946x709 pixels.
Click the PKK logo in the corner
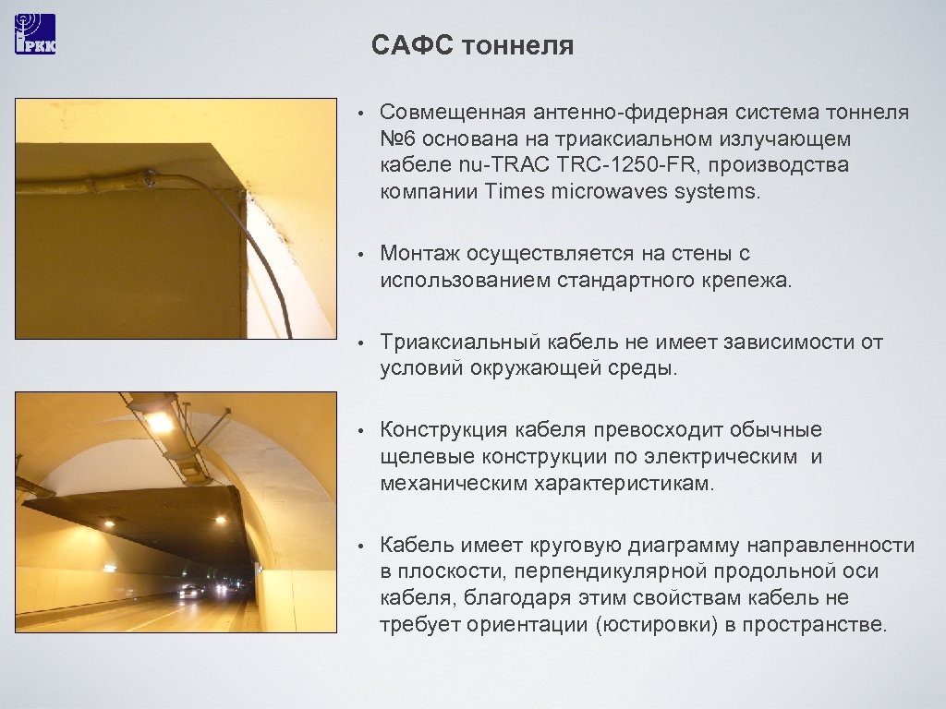click(x=35, y=34)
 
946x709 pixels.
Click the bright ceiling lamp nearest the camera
click(x=159, y=422)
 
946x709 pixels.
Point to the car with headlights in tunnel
click(x=189, y=591)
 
